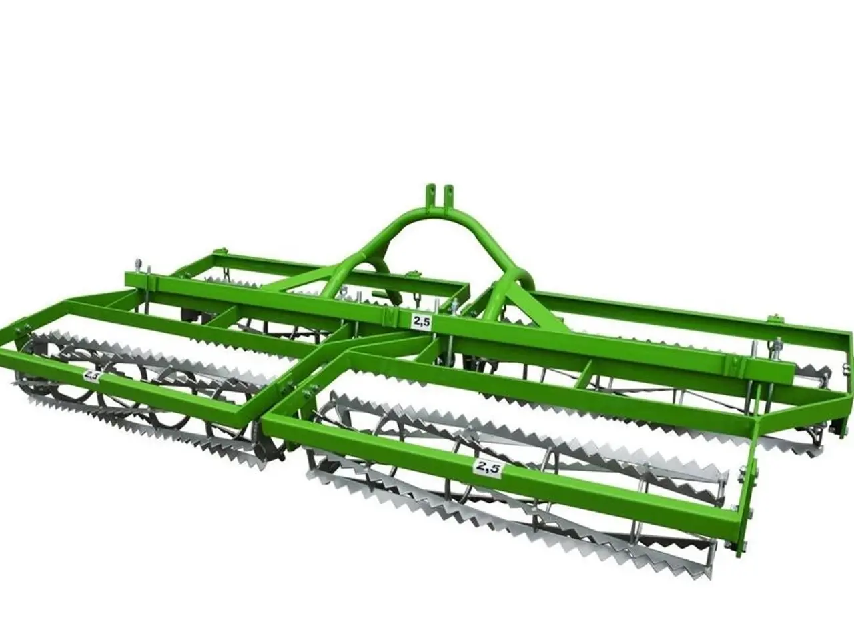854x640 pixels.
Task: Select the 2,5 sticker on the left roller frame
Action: (92, 376)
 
